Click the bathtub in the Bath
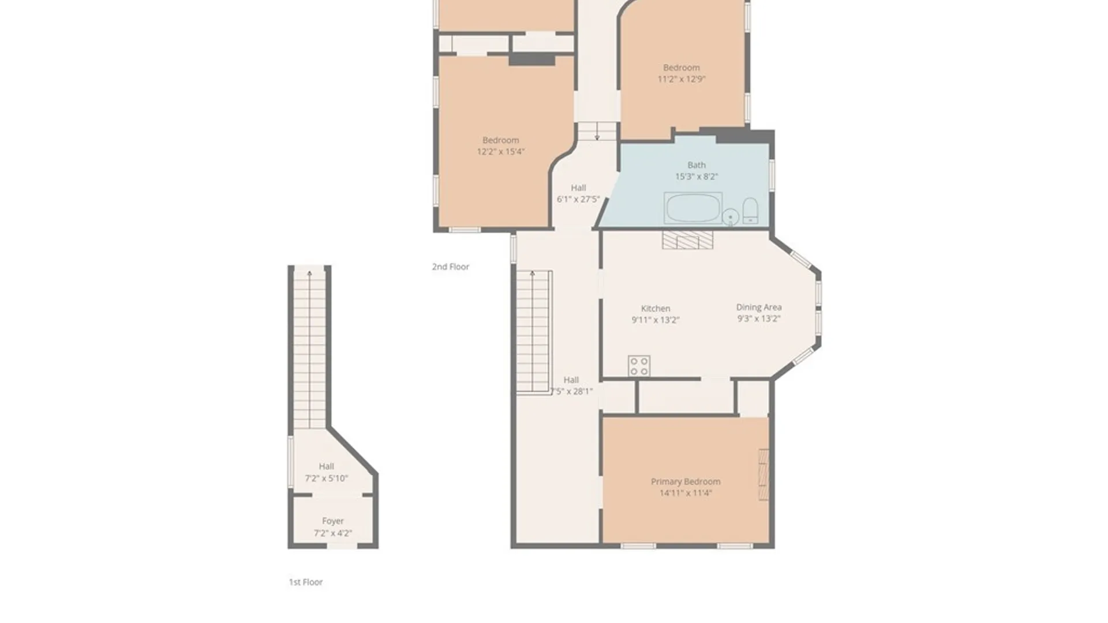[x=692, y=208]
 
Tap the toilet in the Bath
[x=750, y=211]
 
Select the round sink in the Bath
[x=730, y=217]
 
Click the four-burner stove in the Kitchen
[x=639, y=366]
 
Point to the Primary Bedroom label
[x=686, y=482]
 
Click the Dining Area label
[x=758, y=307]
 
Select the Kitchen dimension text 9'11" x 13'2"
[x=655, y=320]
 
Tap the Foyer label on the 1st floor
[x=332, y=521]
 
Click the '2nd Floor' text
[x=450, y=267]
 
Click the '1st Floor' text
[x=305, y=582]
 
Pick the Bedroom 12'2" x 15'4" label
[x=500, y=140]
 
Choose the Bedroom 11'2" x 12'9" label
[x=681, y=68]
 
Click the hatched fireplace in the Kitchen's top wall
[x=687, y=240]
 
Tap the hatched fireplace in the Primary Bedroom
[x=763, y=474]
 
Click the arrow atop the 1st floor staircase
[x=309, y=273]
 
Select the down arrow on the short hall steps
[x=597, y=137]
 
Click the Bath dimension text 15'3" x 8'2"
[x=697, y=177]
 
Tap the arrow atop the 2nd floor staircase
[x=532, y=273]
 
